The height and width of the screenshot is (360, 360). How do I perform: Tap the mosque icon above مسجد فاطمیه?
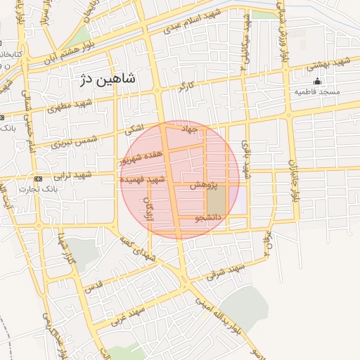pos(317,81)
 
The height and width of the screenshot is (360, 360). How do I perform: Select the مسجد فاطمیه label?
pos(317,92)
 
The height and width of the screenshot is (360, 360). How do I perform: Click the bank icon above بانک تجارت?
pos(38,179)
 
